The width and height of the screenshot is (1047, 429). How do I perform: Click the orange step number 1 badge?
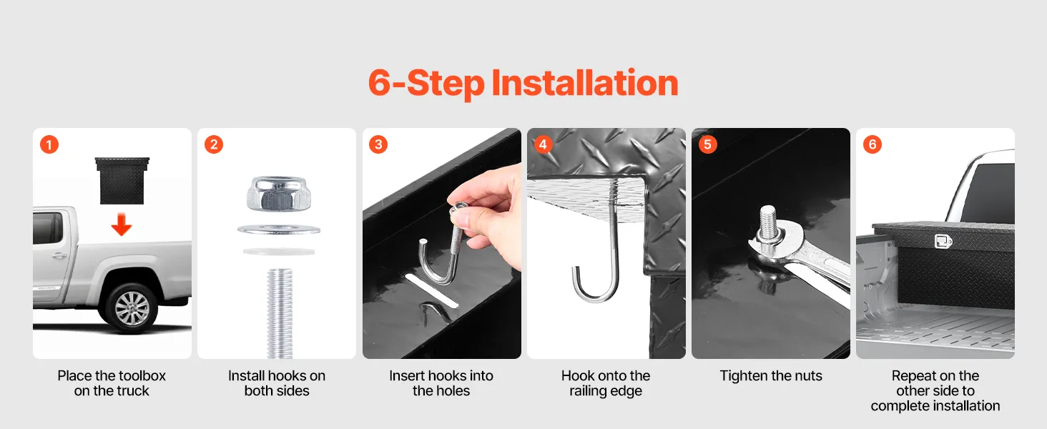click(x=49, y=144)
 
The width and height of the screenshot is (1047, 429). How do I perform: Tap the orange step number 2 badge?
click(x=214, y=144)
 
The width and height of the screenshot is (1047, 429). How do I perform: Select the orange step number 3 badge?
click(x=378, y=144)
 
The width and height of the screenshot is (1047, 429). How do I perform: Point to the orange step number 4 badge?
click(x=543, y=144)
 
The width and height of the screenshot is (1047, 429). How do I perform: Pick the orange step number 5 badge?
click(x=708, y=144)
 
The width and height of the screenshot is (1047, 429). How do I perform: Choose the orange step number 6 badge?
click(x=872, y=144)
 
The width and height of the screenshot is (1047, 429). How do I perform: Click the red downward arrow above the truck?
click(x=122, y=225)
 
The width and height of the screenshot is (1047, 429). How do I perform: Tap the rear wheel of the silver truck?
click(x=132, y=308)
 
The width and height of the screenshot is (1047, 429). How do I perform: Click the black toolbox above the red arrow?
click(x=122, y=180)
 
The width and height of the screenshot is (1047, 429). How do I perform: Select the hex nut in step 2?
click(x=279, y=194)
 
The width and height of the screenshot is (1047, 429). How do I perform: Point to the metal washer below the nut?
click(x=279, y=230)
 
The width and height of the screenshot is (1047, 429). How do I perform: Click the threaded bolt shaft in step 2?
click(x=280, y=313)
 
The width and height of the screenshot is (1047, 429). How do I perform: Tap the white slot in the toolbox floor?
click(x=431, y=291)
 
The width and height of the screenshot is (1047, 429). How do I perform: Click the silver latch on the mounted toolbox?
click(x=943, y=241)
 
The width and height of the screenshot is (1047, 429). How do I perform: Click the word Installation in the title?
click(x=585, y=83)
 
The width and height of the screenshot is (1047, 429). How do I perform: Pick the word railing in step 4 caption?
click(x=589, y=391)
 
